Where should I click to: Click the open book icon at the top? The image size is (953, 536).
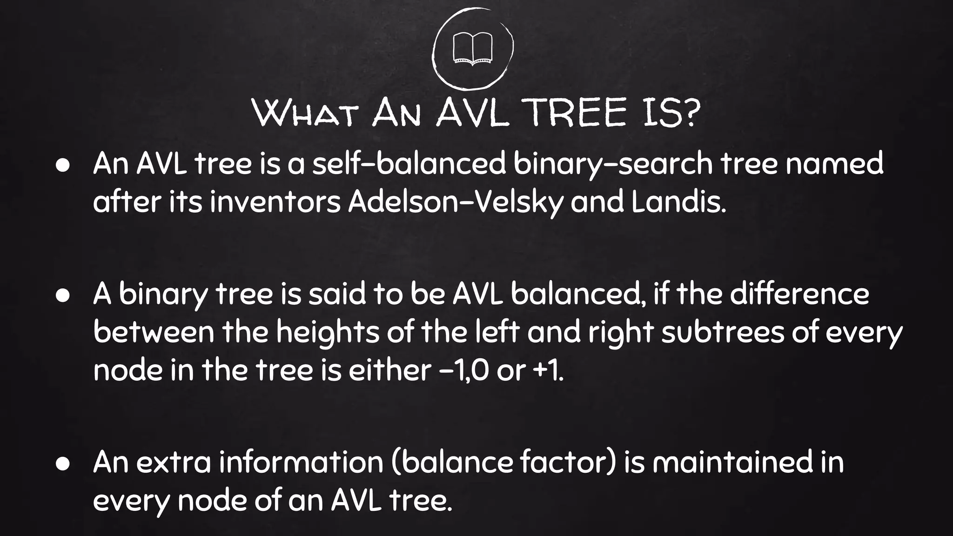(x=472, y=48)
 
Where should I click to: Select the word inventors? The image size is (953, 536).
(x=275, y=203)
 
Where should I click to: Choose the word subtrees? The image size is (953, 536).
(x=723, y=332)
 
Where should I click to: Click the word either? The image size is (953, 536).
(x=389, y=371)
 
